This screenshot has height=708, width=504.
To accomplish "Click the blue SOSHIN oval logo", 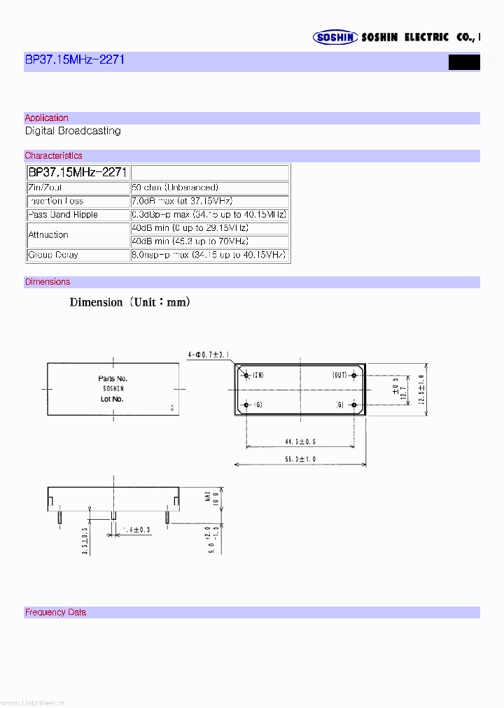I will [335, 38].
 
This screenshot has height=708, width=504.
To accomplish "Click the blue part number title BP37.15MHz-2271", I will [74, 60].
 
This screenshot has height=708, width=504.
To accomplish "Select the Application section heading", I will [47, 118].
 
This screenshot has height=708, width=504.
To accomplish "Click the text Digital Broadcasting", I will [73, 131].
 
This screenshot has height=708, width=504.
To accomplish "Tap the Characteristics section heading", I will [53, 156].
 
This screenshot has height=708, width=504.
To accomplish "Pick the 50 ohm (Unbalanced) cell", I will [175, 188].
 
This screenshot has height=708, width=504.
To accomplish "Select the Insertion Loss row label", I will [55, 201].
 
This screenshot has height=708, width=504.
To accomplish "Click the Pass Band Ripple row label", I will [62, 215].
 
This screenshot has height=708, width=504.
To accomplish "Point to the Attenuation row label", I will [48, 235].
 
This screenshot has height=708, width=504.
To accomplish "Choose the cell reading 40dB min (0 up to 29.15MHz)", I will [190, 228].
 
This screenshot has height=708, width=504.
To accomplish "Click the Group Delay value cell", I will [209, 255].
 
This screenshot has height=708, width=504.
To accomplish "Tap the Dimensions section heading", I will [48, 282].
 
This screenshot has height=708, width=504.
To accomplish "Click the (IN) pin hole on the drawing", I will [246, 376].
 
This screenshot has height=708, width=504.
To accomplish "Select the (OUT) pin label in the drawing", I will [340, 376].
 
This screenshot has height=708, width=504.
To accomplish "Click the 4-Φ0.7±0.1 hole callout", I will [209, 355].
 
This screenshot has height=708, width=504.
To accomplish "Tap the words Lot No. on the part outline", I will [111, 399].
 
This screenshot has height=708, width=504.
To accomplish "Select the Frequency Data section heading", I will [55, 612].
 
